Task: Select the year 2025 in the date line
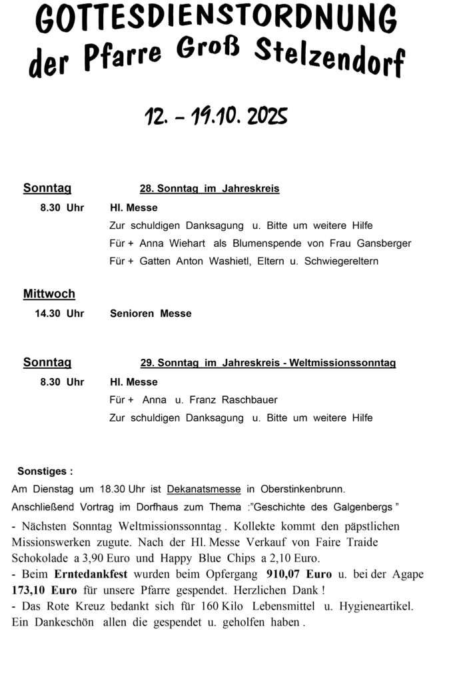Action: coord(267,117)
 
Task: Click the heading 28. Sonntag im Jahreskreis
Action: coord(209,189)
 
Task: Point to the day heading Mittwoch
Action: coord(49,293)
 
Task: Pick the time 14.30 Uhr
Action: coord(59,313)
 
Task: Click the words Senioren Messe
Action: coord(151,313)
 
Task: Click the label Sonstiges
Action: coord(45,472)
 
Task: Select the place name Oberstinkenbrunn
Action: coord(303,489)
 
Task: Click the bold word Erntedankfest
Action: coord(91,574)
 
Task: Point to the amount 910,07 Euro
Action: coord(299,574)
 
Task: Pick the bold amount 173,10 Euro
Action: coord(45,590)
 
